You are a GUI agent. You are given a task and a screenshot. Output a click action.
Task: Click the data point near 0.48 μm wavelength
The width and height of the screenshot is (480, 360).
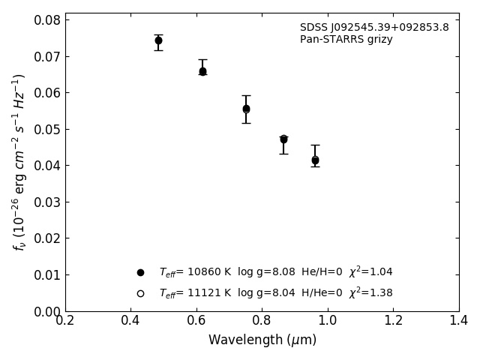pos(158,40)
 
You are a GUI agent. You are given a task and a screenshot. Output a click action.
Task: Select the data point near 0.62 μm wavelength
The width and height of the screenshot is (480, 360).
pos(202,71)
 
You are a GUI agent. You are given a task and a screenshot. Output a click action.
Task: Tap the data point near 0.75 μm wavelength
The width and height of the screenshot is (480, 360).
pos(246,109)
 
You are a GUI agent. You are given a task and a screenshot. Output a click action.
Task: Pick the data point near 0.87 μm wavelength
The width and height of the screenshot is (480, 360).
pos(283,139)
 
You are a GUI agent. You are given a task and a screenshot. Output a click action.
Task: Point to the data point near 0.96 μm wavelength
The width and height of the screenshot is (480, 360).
pos(315,160)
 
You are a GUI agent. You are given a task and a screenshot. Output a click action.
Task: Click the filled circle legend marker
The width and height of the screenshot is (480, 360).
pos(140,272)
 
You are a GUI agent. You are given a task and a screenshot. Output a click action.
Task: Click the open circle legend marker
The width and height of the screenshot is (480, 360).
pos(140,293)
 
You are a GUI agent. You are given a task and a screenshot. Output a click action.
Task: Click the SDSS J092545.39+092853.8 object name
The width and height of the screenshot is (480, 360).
pos(374,28)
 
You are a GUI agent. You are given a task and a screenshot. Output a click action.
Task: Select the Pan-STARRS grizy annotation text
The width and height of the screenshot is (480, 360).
pos(346,40)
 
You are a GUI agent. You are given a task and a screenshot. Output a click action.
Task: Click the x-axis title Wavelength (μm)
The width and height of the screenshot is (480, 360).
pos(262,340)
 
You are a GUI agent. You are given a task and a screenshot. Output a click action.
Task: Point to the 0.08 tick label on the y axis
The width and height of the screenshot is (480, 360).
pos(48,20)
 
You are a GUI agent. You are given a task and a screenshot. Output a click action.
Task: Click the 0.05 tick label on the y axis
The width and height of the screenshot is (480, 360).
pos(48,129)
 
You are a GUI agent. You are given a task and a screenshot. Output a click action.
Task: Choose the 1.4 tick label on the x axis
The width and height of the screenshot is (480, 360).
pos(458,321)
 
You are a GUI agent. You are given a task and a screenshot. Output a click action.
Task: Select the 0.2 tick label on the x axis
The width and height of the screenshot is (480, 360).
pos(65,321)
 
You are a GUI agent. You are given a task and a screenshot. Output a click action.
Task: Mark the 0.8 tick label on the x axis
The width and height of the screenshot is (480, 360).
pos(262,321)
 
